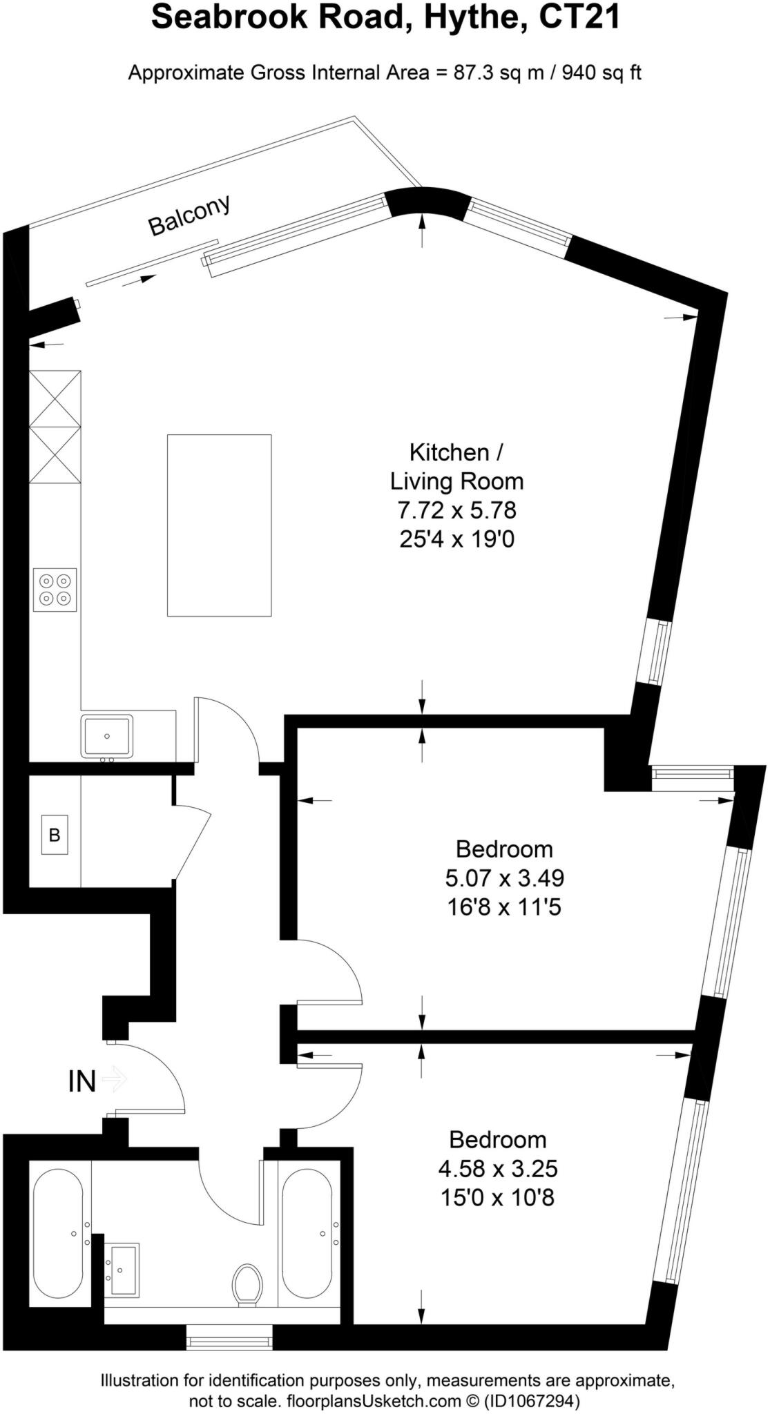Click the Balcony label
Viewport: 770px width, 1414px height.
coord(189,215)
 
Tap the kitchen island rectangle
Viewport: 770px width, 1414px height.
coord(219,525)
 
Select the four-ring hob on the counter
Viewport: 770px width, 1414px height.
coord(55,590)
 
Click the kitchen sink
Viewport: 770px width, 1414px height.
coord(107,736)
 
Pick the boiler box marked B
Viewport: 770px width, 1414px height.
coord(55,835)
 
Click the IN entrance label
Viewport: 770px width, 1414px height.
coord(81,1081)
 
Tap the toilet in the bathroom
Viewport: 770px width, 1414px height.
coord(247,1284)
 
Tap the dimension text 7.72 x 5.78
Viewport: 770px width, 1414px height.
coord(456,510)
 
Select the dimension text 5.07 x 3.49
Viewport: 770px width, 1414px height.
coord(504,878)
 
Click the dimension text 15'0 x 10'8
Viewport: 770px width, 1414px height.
coord(497,1197)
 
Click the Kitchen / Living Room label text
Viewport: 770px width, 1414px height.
coord(456,467)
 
